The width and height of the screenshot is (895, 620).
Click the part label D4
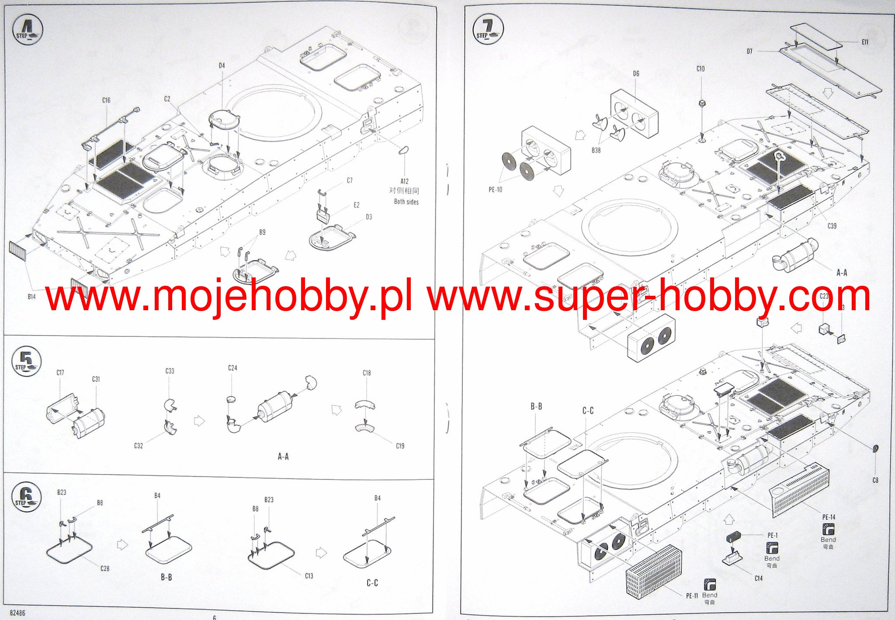point(222,66)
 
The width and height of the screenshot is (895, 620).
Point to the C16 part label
point(106,100)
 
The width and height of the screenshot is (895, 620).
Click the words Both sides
point(406,202)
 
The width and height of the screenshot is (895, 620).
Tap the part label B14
point(31,297)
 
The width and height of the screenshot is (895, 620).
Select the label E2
point(357,205)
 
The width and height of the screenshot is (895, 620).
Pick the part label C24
point(232,368)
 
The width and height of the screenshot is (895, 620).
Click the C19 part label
point(400,446)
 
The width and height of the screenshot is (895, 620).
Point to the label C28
point(105,568)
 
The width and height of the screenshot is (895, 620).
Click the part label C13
point(309,576)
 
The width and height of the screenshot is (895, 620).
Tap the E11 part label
point(865,42)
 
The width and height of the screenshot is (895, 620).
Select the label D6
point(636,74)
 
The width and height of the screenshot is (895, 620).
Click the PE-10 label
point(496,190)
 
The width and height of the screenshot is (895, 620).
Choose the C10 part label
point(701,69)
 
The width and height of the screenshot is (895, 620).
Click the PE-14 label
point(829,517)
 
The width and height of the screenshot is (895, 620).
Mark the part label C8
point(875,480)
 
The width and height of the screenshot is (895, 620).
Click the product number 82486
point(17,613)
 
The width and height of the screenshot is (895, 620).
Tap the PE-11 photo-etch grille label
point(692,596)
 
